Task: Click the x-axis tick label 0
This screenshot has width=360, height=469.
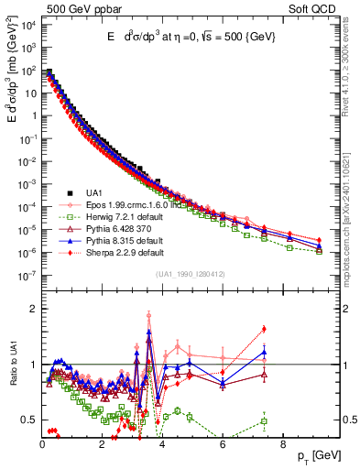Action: [x=42, y=444]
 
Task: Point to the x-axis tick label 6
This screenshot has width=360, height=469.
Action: [x=223, y=444]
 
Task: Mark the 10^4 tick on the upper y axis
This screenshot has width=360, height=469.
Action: [x=28, y=25]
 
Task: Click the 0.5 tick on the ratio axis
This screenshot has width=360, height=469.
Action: [x=29, y=420]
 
